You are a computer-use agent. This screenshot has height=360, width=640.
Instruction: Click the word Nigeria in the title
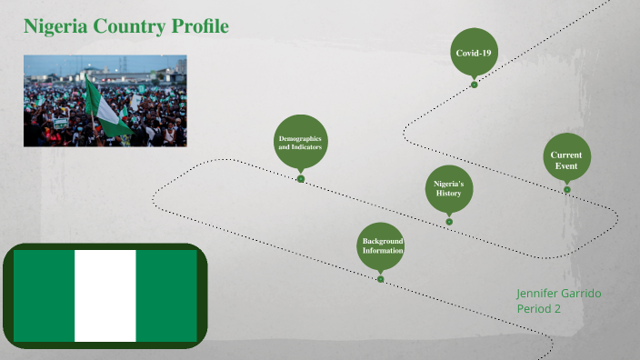[55, 26]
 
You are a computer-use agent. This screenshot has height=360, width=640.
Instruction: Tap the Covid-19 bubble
[474, 53]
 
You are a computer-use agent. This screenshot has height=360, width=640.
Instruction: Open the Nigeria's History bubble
[448, 188]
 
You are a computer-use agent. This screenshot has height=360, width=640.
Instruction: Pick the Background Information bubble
[381, 245]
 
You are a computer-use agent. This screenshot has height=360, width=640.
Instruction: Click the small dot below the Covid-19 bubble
[474, 85]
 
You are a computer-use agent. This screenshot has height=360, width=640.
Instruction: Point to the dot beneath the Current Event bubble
[567, 189]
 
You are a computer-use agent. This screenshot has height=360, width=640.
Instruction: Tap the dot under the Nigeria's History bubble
[449, 221]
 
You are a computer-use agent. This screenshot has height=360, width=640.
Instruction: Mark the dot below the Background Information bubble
[381, 279]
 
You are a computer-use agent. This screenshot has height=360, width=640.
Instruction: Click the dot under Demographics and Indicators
[301, 179]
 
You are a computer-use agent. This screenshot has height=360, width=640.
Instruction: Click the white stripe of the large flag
[105, 295]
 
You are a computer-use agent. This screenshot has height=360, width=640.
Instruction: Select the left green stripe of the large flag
[44, 295]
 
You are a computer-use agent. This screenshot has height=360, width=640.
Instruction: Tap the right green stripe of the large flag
[166, 295]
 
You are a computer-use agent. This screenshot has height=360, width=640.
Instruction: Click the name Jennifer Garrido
[558, 294]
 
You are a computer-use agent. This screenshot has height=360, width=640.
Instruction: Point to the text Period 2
[538, 309]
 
